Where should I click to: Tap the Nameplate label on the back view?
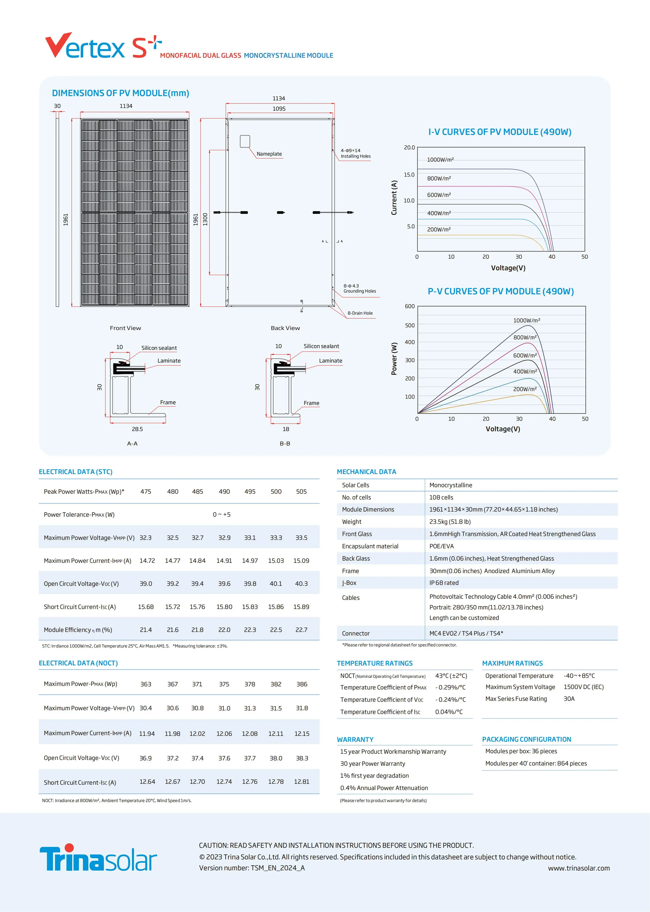269,154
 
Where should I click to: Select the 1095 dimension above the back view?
279,109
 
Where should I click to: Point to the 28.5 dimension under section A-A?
137,429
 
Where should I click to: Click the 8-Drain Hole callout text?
360,313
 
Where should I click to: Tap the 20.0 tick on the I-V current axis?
409,147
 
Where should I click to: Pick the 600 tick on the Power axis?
409,306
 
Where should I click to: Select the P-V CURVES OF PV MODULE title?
500,291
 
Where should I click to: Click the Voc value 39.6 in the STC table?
224,584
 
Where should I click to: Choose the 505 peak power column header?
301,492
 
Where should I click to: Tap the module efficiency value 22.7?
301,630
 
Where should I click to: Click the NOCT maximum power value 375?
224,684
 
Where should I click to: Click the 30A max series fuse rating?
569,699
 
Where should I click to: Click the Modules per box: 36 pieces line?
521,751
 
